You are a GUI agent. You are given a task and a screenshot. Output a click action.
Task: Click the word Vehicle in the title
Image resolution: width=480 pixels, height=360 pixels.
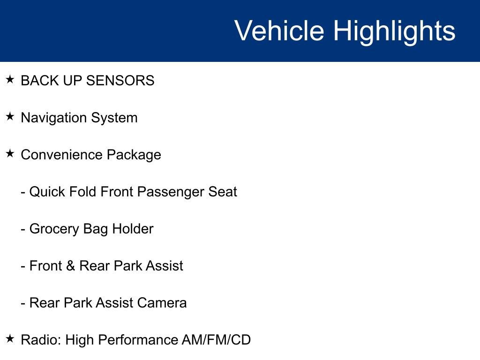point(279,30)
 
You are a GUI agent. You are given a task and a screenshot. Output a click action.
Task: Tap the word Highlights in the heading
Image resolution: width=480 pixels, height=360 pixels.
point(394,32)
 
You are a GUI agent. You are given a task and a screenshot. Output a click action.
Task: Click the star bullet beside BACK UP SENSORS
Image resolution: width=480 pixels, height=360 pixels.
point(10,80)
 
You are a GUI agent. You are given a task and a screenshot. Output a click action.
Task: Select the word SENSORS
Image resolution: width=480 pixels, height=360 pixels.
point(120,81)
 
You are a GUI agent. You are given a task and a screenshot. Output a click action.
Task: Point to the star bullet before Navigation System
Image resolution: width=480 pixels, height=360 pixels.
point(10,116)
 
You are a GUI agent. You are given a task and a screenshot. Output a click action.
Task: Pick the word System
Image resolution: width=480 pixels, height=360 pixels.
point(114,118)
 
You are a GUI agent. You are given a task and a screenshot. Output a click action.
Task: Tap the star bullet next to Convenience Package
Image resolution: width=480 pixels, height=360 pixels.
point(10,153)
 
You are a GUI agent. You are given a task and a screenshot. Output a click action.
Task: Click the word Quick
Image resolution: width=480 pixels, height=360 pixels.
point(47,192)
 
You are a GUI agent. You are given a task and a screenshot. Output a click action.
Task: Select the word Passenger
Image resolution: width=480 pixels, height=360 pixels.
point(171,192)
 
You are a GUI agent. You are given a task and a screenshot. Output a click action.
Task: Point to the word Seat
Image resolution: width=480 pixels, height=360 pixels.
point(223,192)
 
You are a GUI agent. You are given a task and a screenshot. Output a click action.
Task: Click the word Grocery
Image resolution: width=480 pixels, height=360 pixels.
point(54,229)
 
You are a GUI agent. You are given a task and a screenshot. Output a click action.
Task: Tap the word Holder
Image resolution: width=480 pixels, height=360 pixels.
point(133,229)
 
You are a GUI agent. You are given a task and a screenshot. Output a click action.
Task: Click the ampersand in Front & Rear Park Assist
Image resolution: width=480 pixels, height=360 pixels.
point(70,266)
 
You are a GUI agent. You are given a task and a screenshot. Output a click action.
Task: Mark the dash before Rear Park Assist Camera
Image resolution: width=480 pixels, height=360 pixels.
point(23,304)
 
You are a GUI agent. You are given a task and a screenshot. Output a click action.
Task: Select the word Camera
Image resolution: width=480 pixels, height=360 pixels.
point(162,303)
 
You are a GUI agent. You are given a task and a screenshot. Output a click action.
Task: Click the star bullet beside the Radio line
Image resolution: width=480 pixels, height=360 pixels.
point(10,338)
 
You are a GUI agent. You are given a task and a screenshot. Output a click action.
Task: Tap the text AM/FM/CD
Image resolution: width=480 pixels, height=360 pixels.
point(216,340)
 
